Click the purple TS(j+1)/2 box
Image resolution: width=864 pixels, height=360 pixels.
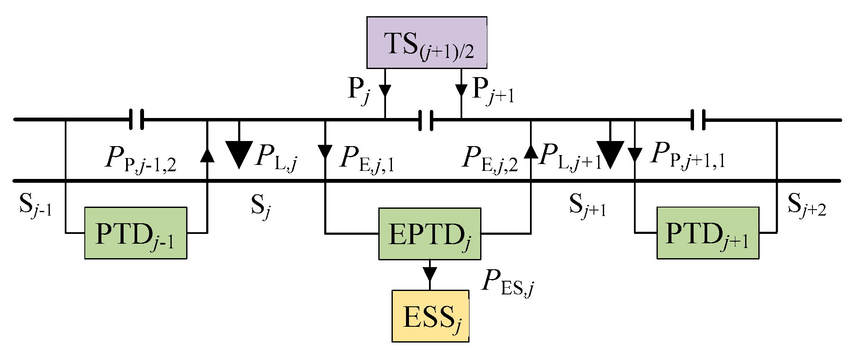coord(426,43)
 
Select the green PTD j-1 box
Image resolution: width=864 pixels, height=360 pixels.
coord(135,233)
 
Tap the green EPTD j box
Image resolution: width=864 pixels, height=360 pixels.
coord(429,234)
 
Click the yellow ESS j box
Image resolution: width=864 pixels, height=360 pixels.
coord(430,316)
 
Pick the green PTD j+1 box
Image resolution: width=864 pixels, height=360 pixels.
coord(708,233)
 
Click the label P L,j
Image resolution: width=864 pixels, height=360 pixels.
coord(276,157)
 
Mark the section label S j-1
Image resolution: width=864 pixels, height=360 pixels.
coord(35,205)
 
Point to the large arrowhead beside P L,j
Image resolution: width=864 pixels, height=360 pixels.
coord(239,153)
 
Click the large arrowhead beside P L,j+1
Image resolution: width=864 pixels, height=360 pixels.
coord(610,153)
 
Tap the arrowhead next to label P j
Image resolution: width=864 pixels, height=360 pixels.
coord(385,91)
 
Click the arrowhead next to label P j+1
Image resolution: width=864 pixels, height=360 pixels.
coord(461,90)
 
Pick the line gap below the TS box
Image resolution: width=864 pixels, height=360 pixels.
coord(426,120)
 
